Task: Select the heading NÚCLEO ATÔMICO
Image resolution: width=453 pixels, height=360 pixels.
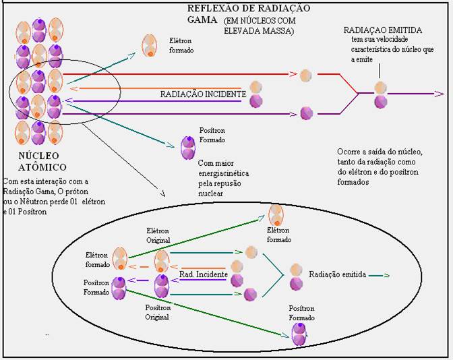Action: point(33,161)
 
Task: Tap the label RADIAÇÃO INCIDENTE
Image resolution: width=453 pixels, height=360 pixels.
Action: point(202,95)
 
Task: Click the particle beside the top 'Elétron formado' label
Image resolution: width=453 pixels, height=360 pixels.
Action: point(150,45)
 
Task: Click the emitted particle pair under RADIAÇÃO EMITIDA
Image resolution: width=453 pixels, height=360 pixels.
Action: point(381,94)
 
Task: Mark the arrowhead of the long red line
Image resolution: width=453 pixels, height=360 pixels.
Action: point(295,74)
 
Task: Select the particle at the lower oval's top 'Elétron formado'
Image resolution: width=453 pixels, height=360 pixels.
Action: point(276,216)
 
